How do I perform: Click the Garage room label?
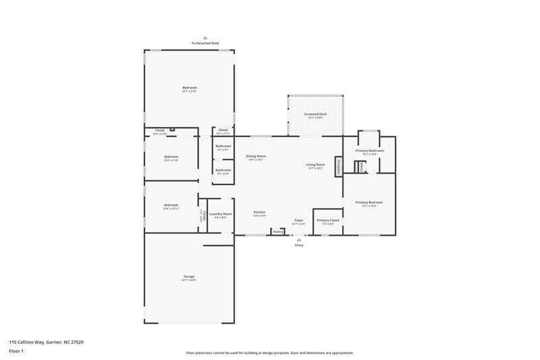[189, 276]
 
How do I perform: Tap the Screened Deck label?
[315, 115]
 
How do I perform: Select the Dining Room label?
[255, 157]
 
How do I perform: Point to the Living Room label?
[316, 165]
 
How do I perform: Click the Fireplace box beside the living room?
[339, 165]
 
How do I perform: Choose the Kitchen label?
[259, 213]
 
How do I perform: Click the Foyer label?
[298, 220]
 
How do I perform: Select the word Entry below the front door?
[299, 245]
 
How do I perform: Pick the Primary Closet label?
[327, 220]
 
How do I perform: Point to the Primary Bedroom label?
[369, 203]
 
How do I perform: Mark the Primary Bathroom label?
[369, 151]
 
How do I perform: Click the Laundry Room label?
[221, 214]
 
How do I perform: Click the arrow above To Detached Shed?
[206, 38]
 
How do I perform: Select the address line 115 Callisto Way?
[47, 342]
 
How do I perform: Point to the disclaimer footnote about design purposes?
[270, 353]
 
